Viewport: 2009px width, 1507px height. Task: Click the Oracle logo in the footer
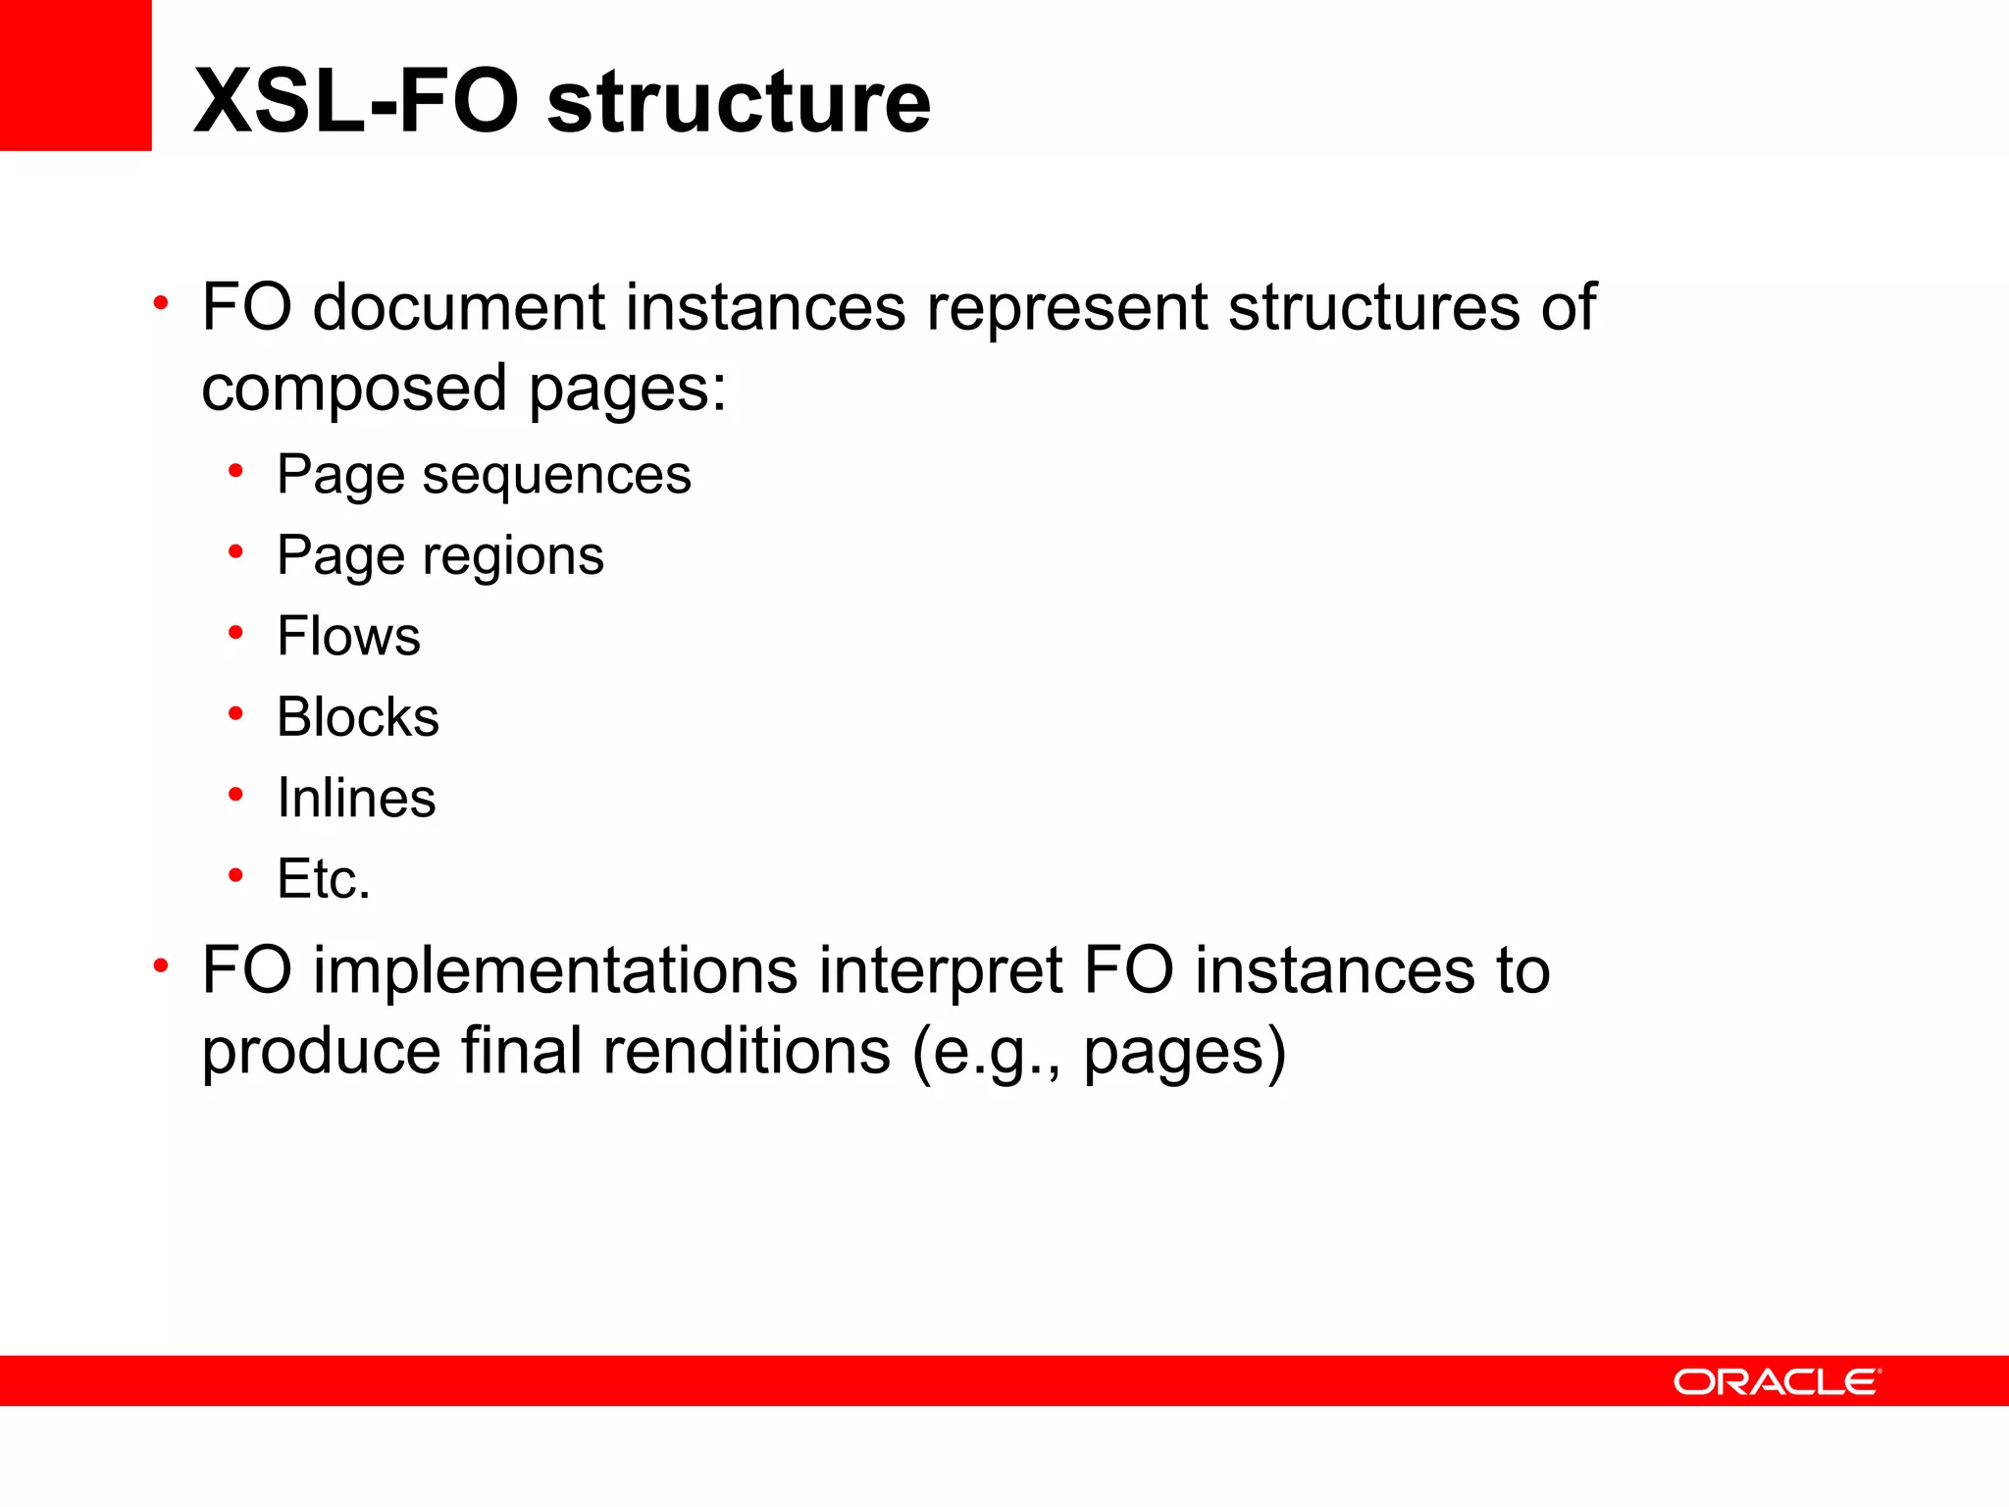[x=1777, y=1381]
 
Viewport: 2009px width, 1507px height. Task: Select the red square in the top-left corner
[x=76, y=75]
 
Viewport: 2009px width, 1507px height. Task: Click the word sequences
[x=556, y=477]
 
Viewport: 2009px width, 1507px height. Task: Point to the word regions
[x=513, y=557]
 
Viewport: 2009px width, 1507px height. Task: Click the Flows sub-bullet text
[x=348, y=636]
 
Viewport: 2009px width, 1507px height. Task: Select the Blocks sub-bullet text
[x=358, y=717]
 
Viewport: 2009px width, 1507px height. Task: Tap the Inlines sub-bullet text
[x=356, y=798]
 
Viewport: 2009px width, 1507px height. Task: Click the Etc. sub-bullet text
[x=324, y=878]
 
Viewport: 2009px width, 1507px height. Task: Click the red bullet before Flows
[x=235, y=634]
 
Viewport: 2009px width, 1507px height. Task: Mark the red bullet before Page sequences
[x=235, y=472]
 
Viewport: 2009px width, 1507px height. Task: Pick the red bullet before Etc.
[x=235, y=874]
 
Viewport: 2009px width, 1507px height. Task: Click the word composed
[x=354, y=390]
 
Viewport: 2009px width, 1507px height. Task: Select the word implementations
[x=555, y=971]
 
